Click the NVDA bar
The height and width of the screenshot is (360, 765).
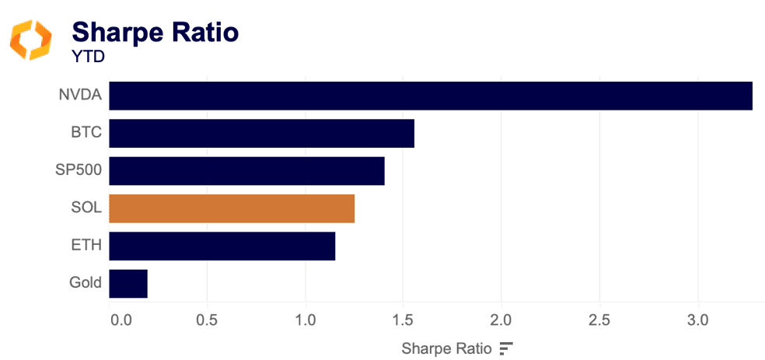431,96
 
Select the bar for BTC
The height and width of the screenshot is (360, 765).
261,133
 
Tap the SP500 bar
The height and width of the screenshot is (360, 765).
246,171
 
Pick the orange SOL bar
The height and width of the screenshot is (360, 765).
232,208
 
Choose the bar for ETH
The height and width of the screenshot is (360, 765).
222,246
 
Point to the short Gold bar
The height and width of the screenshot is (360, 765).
128,283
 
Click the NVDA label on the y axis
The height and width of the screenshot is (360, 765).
80,96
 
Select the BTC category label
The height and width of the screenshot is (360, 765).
86,133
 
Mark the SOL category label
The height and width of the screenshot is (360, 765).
86,208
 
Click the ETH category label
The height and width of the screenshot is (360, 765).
86,246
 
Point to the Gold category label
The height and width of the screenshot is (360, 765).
85,283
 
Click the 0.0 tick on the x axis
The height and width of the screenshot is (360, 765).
120,320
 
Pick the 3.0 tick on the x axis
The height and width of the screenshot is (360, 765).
697,320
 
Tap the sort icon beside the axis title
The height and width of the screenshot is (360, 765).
506,348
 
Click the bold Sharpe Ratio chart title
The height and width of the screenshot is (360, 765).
155,32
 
